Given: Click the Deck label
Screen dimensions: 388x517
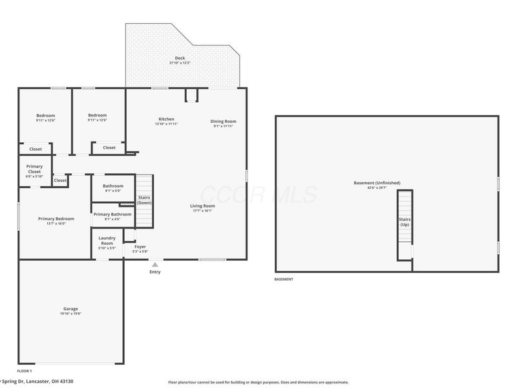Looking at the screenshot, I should pyautogui.click(x=180, y=58).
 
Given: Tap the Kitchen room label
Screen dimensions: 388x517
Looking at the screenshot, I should pyautogui.click(x=166, y=119).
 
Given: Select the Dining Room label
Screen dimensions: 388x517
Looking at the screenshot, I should pyautogui.click(x=223, y=122).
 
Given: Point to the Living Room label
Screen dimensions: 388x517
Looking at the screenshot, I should pyautogui.click(x=202, y=206).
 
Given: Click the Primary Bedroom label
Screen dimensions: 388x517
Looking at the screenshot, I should pyautogui.click(x=56, y=219).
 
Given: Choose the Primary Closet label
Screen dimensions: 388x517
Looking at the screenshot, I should pyautogui.click(x=34, y=169).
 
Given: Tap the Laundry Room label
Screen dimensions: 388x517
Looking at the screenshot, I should pyautogui.click(x=107, y=241).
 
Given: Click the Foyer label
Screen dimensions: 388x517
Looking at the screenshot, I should pyautogui.click(x=140, y=246).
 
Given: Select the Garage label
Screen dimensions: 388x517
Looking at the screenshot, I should pyautogui.click(x=71, y=308).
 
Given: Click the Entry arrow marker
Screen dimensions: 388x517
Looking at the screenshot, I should pyautogui.click(x=154, y=264).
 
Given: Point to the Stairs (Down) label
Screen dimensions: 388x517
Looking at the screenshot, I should pyautogui.click(x=144, y=200).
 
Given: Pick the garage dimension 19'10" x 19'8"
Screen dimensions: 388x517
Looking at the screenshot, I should pyautogui.click(x=71, y=314).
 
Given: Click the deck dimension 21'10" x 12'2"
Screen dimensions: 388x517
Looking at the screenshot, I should pyautogui.click(x=180, y=63).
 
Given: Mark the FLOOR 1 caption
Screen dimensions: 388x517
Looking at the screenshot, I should pyautogui.click(x=24, y=371).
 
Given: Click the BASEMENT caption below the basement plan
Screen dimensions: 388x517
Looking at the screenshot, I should pyautogui.click(x=284, y=279).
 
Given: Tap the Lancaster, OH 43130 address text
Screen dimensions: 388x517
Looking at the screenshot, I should pyautogui.click(x=45, y=382).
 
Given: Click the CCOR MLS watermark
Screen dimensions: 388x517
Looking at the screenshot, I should pyautogui.click(x=258, y=194).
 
